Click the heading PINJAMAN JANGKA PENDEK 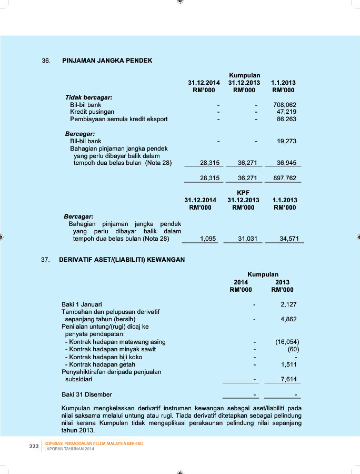pyautogui.click(x=107, y=61)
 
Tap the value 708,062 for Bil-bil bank pyautogui.click(x=285, y=105)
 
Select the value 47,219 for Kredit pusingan pyautogui.click(x=286, y=112)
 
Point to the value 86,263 pyautogui.click(x=286, y=119)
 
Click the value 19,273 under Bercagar pyautogui.click(x=286, y=141)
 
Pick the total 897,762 pyautogui.click(x=285, y=178)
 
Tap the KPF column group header pyautogui.click(x=243, y=193)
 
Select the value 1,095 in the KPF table pyautogui.click(x=208, y=239)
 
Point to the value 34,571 pyautogui.click(x=289, y=239)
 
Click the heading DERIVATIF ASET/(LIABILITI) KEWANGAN pyautogui.click(x=122, y=260)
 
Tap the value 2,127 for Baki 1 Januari pyautogui.click(x=289, y=304)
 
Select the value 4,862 pyautogui.click(x=289, y=319)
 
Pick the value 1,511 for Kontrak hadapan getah pyautogui.click(x=289, y=364)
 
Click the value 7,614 pyautogui.click(x=289, y=379)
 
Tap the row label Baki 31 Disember pyautogui.click(x=87, y=394)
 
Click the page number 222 pyautogui.click(x=34, y=446)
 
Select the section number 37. pyautogui.click(x=45, y=260)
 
